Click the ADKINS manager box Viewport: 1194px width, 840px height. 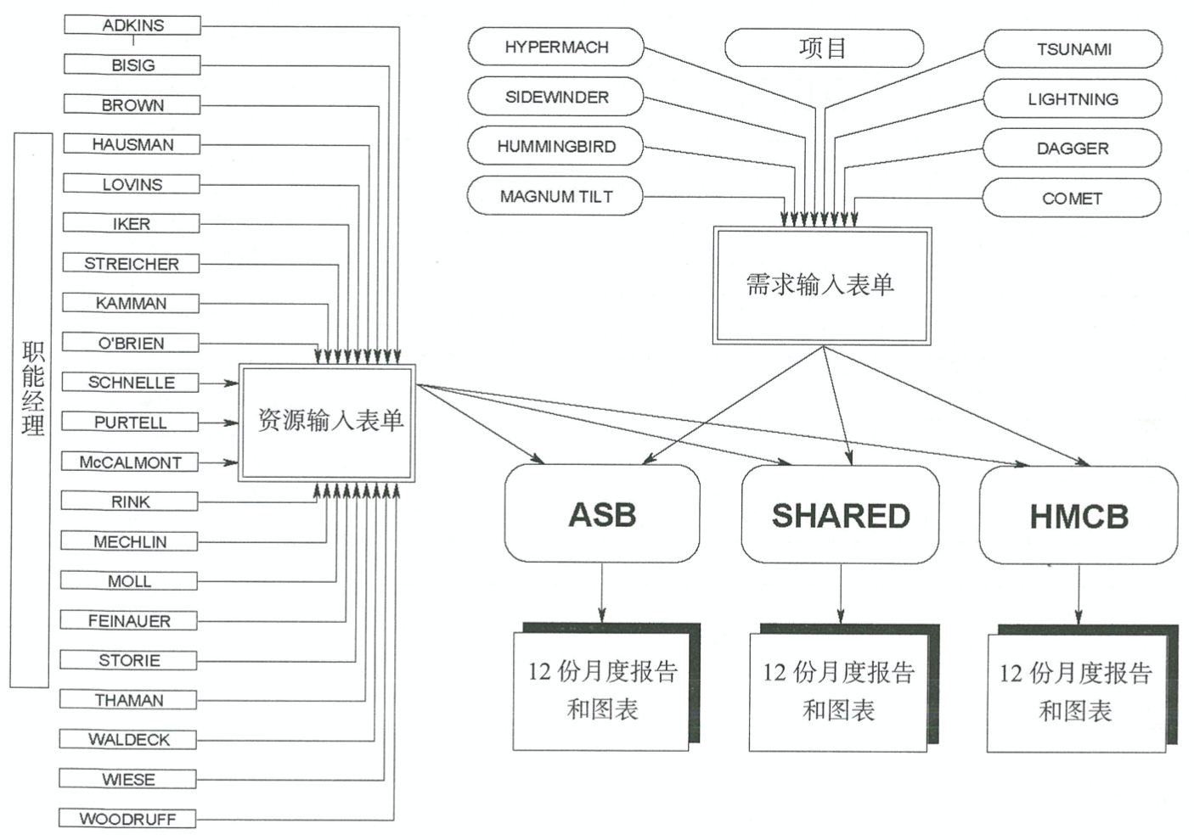coord(132,25)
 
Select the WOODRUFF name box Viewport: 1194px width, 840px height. coord(127,819)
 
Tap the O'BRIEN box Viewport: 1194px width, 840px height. coord(131,343)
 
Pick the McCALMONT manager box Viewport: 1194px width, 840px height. coord(130,462)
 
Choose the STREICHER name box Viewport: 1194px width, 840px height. coord(131,264)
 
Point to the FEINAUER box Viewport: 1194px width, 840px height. coord(129,621)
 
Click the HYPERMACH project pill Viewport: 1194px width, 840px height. coord(556,48)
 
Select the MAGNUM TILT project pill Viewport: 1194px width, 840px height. coord(555,197)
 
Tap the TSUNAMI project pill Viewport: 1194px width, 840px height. coord(1073,49)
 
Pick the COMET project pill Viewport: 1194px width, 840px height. coord(1072,199)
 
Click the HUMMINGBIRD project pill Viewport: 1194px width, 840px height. coord(555,147)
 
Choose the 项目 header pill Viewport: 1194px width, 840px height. coord(823,48)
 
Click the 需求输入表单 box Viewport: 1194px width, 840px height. coord(821,285)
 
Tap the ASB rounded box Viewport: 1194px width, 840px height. coord(602,514)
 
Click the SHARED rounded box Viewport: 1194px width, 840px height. coord(840,515)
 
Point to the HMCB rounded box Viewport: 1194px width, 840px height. coord(1079,516)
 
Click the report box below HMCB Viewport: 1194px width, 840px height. coord(1075,692)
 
